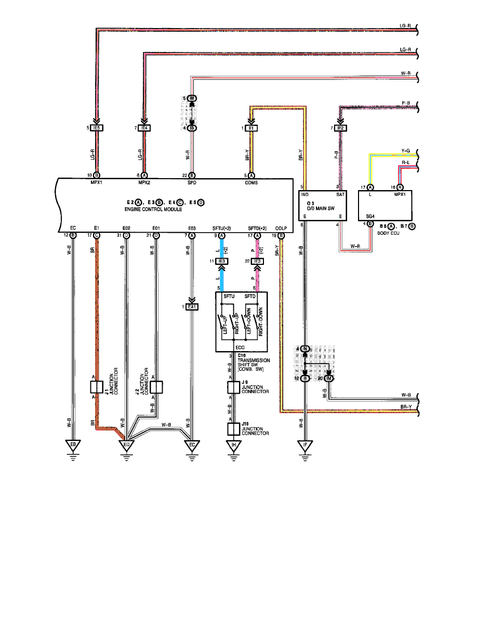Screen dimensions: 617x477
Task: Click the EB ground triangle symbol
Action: tap(73, 445)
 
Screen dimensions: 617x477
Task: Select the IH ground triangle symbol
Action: tap(234, 445)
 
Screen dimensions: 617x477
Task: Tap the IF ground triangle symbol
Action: tap(305, 445)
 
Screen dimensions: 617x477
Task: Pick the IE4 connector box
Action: tap(144, 128)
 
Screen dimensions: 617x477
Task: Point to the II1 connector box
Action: tap(252, 128)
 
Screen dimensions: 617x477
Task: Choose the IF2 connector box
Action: tap(341, 128)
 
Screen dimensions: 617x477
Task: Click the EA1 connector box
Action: tap(193, 307)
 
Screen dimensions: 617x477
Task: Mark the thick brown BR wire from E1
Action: tap(97, 312)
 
